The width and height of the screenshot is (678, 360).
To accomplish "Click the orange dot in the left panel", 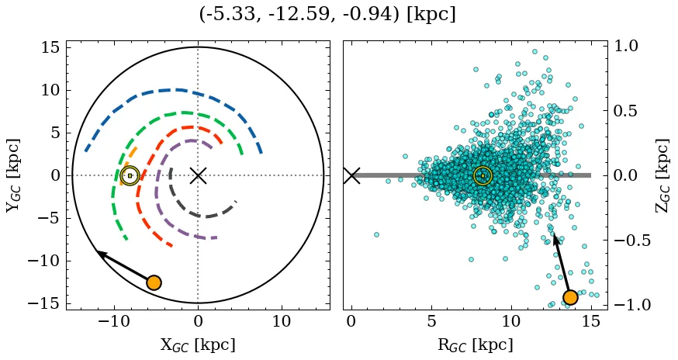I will (154, 282).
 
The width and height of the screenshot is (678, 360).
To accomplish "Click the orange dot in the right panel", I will (570, 297).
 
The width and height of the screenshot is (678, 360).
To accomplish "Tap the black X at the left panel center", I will (198, 175).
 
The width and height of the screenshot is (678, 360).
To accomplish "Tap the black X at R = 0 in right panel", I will (351, 175).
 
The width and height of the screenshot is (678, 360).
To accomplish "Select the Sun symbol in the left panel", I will (130, 175).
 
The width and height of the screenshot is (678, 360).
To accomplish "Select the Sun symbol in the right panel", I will (483, 175).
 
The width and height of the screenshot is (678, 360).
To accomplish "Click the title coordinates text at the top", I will (327, 15).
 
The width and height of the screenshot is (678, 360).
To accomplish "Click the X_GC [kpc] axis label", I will (197, 344).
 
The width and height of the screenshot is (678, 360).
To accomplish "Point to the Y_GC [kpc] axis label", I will (15, 175).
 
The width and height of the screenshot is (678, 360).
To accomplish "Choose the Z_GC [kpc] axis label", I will (663, 175).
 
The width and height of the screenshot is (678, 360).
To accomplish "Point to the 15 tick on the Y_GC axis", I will (50, 47).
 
